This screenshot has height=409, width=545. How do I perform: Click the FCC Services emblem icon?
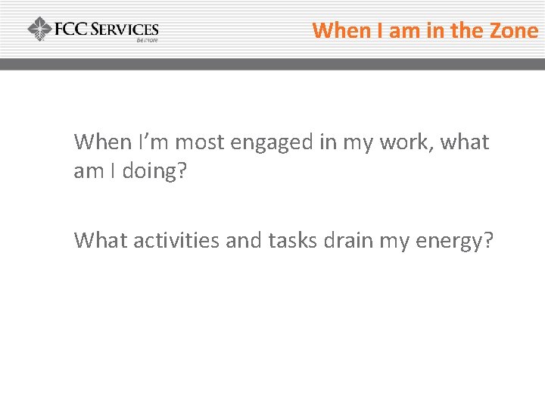pos(39,30)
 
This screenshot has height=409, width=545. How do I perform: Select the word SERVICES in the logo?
pos(124,30)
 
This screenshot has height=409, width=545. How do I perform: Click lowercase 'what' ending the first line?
pos(462,142)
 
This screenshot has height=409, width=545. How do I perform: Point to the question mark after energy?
pos(488,240)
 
